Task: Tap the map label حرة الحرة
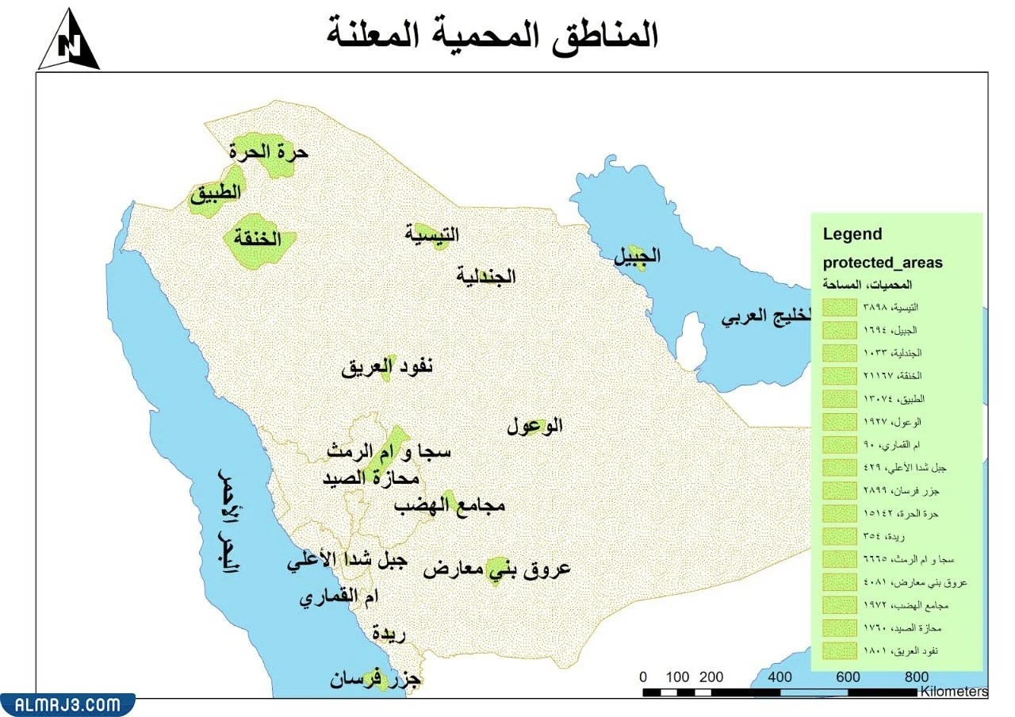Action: (270, 151)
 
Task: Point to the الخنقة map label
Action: (257, 239)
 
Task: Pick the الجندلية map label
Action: (486, 277)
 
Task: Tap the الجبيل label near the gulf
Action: (637, 256)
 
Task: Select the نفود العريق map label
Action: (388, 367)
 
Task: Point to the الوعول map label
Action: (534, 426)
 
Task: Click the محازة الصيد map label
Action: (370, 478)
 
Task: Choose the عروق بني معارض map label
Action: (496, 569)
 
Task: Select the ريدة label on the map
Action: (389, 634)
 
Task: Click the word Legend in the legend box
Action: (852, 234)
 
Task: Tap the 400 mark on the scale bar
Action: (779, 677)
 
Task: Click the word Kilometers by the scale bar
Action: (954, 692)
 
